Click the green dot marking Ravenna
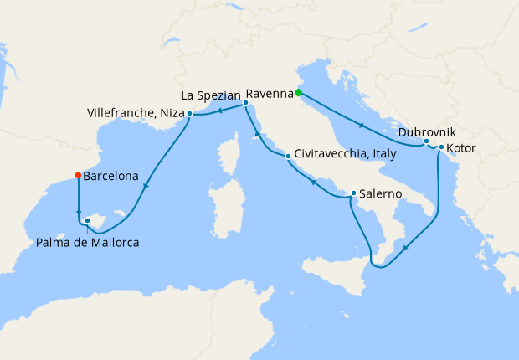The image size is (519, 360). (x=298, y=94)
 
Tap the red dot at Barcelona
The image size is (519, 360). (x=78, y=176)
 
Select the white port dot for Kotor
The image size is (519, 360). (x=441, y=147)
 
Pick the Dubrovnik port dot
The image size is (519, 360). (x=426, y=141)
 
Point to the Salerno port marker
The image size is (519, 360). (x=354, y=193)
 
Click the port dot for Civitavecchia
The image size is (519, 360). (x=288, y=155)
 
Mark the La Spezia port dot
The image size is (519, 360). (x=245, y=103)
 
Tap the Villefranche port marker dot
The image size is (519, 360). (x=190, y=113)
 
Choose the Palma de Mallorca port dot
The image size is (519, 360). (x=87, y=221)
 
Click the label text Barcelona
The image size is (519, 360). (x=111, y=177)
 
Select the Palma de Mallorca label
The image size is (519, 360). (x=88, y=243)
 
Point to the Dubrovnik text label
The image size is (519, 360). (x=428, y=131)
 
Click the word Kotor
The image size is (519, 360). (x=463, y=148)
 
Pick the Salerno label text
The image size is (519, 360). (x=383, y=193)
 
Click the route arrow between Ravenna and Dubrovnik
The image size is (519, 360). (x=362, y=126)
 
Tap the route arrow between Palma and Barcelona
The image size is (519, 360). (x=78, y=213)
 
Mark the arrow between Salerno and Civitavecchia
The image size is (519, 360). (x=314, y=181)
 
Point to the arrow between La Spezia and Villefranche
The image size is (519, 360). (x=219, y=110)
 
